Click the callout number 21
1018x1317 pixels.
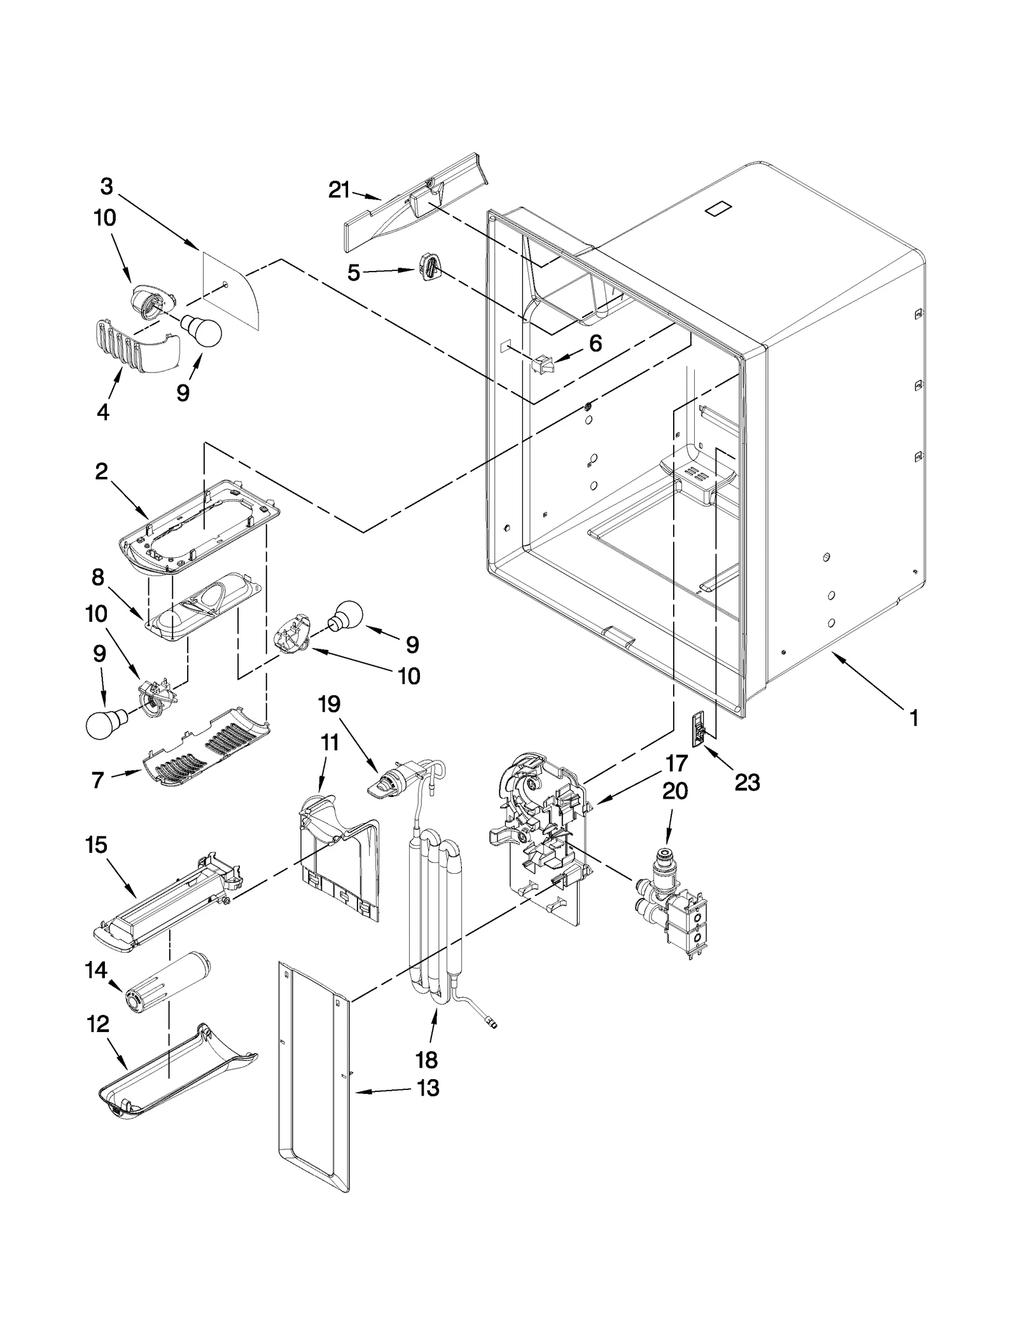(x=339, y=190)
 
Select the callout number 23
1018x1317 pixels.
(x=747, y=782)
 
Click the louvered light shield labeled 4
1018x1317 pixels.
(x=134, y=347)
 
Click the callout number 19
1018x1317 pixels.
(x=330, y=704)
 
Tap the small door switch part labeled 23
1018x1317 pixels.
(x=700, y=729)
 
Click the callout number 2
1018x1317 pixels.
(x=102, y=472)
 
